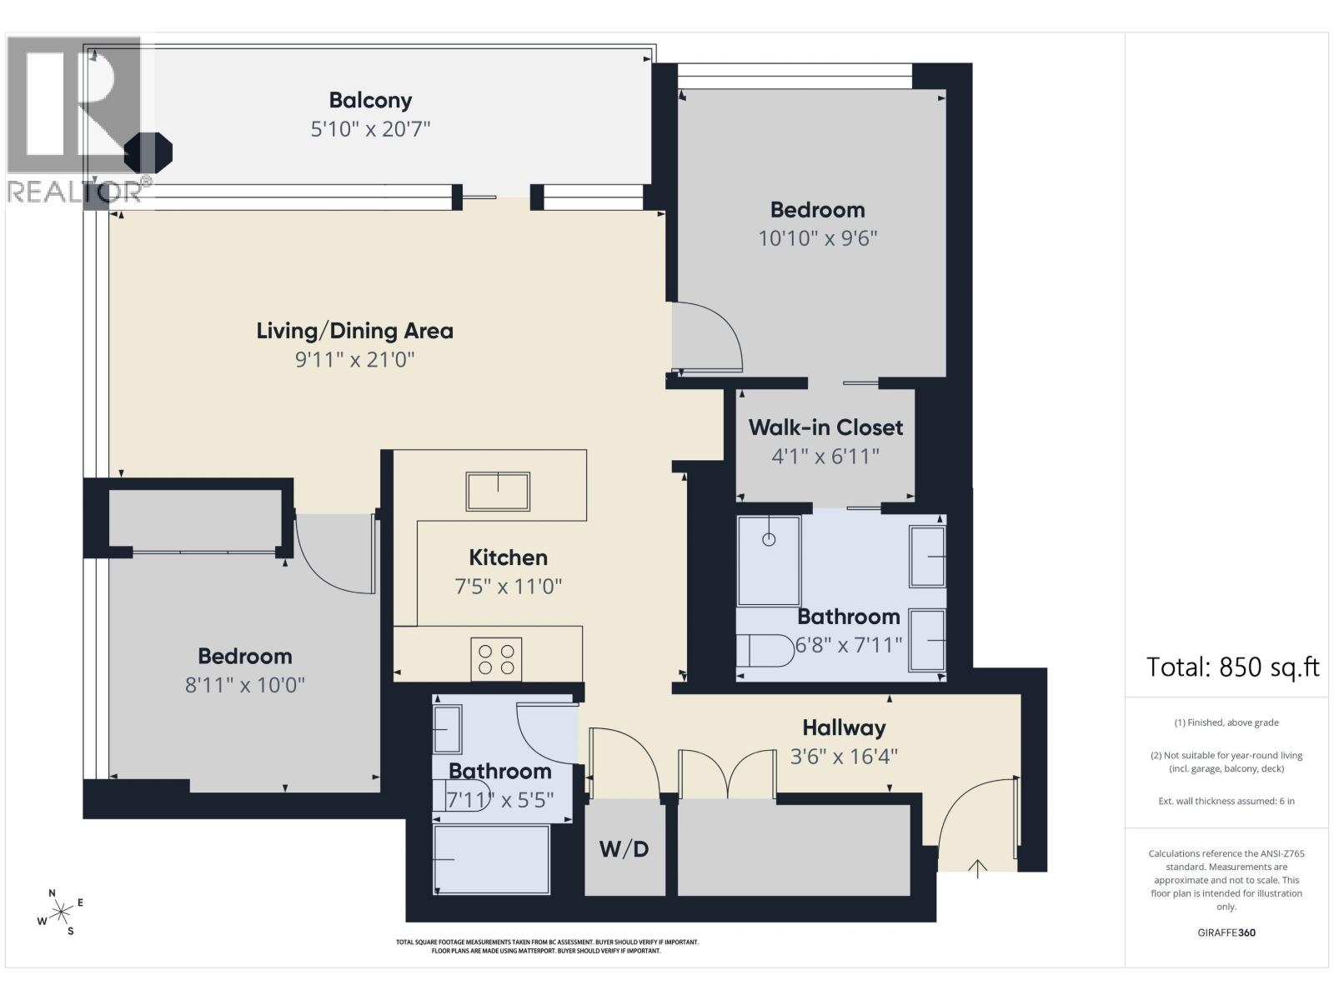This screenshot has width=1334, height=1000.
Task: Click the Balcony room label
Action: click(370, 100)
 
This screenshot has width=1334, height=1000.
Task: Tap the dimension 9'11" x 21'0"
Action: click(354, 359)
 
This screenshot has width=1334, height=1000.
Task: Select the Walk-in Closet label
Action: click(825, 427)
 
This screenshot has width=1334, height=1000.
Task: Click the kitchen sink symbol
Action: click(498, 491)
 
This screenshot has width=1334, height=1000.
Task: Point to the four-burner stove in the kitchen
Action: click(496, 659)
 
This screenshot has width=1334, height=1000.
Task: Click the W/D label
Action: click(624, 849)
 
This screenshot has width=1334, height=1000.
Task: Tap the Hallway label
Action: click(844, 728)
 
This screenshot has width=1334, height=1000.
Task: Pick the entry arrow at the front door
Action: click(977, 869)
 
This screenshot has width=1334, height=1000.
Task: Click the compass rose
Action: click(61, 912)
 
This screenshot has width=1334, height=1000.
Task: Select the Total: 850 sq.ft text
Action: click(1232, 667)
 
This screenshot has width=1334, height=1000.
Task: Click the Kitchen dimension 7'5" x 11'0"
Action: click(508, 587)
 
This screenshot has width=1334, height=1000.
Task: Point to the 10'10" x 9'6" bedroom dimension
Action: click(817, 238)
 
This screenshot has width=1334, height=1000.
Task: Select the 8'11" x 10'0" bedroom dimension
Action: click(245, 686)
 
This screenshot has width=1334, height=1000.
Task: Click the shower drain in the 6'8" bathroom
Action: click(769, 539)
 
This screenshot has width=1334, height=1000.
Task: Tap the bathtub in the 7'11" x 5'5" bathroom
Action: click(491, 859)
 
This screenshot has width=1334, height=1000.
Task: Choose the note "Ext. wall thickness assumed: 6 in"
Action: click(1226, 802)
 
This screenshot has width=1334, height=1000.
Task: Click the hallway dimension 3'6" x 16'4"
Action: click(844, 757)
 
